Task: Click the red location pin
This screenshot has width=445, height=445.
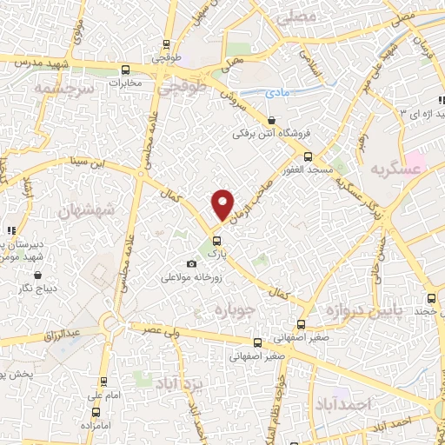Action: (x=223, y=204)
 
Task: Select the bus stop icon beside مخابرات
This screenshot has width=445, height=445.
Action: (x=126, y=70)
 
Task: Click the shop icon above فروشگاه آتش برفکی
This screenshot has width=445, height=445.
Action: (x=272, y=121)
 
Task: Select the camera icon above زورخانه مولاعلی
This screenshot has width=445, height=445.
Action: (x=191, y=264)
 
